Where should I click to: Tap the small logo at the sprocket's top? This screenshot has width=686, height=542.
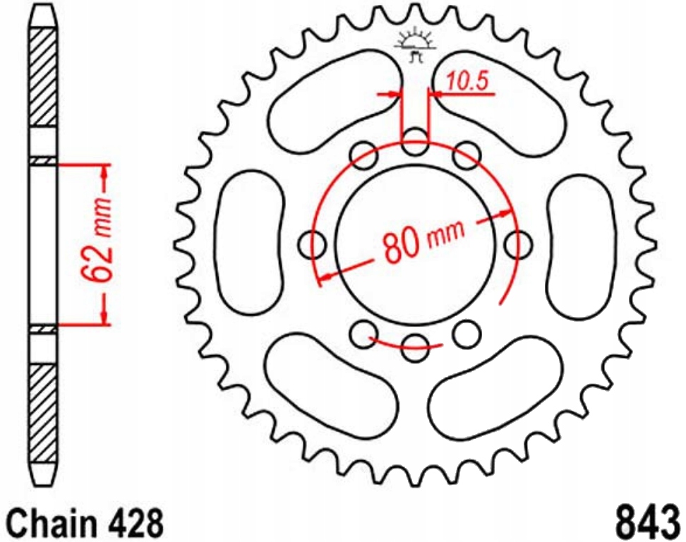pyautogui.click(x=416, y=43)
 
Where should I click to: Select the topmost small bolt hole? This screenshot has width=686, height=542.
pyautogui.click(x=415, y=140)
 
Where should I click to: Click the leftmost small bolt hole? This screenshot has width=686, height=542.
pyautogui.click(x=313, y=245)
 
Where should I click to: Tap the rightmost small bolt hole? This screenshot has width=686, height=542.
pyautogui.click(x=518, y=245)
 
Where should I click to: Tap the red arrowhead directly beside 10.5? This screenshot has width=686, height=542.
pyautogui.click(x=435, y=92)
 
